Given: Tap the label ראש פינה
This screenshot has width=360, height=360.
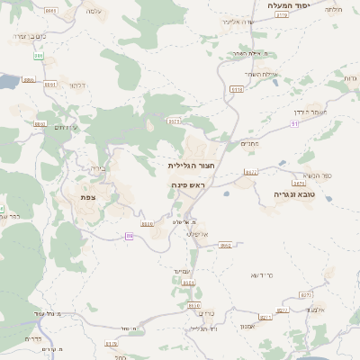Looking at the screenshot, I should click(x=188, y=184).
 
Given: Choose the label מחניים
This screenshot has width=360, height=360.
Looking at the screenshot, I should click(x=249, y=143).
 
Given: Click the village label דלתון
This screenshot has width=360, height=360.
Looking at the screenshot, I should click(x=77, y=85).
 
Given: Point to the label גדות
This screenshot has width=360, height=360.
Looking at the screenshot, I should click(x=349, y=78).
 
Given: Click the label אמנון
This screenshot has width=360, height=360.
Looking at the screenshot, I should click(x=249, y=326).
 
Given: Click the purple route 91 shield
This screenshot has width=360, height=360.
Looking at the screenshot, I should click(x=295, y=122).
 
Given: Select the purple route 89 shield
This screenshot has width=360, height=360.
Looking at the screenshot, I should click(x=130, y=235).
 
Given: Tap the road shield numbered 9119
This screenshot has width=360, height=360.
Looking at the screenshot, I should click(x=282, y=15).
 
